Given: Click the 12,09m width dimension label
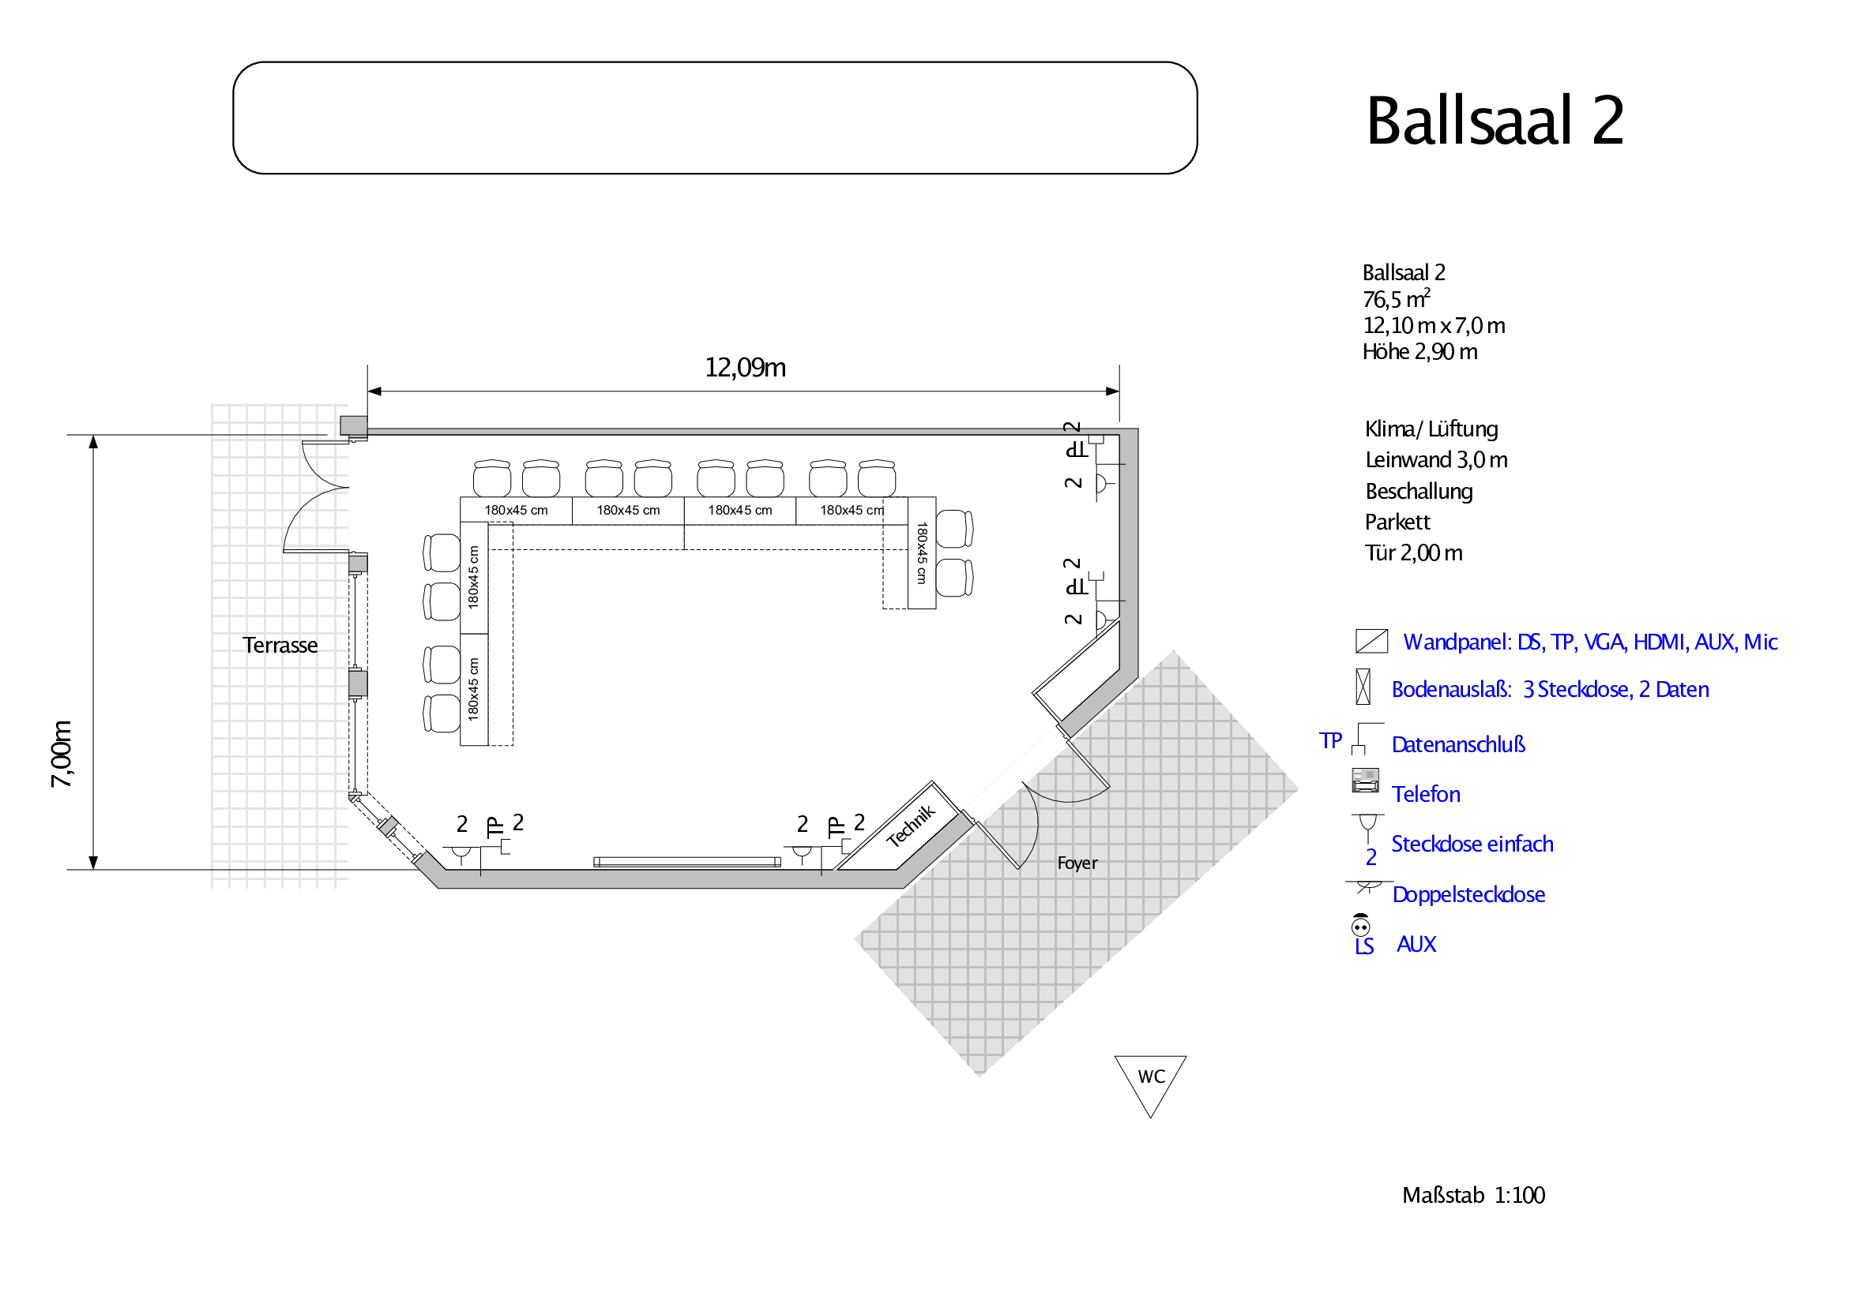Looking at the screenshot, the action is (746, 368).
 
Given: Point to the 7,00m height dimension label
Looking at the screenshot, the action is (62, 754).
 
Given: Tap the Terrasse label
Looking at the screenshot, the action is (280, 645).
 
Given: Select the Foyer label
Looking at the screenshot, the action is (1077, 863).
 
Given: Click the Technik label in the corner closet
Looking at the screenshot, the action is (912, 826).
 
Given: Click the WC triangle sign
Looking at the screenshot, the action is (1151, 1085).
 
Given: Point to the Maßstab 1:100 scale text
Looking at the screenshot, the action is (1474, 1195).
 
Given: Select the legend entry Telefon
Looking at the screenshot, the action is (1425, 794).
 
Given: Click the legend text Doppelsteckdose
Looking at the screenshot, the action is (1468, 895).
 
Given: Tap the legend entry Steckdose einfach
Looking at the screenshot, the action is (1472, 844).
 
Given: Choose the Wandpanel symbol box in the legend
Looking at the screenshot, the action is (1371, 641).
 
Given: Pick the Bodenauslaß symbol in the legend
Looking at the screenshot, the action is (1363, 687).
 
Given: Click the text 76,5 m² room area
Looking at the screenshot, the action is (1397, 299).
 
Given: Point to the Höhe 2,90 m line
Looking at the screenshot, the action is (1419, 352).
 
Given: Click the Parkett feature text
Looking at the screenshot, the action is (1397, 522).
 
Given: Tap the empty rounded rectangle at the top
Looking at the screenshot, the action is (715, 118).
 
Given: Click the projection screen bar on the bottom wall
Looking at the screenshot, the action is (687, 862).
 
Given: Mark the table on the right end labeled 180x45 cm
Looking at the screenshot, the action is (922, 552).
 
